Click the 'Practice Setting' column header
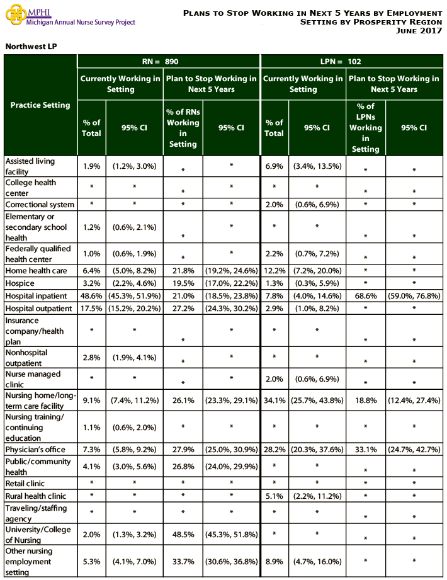coord(40,105)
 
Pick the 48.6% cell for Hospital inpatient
coord(91,296)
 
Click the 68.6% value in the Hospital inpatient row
coord(365,296)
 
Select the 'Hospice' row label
coord(20,283)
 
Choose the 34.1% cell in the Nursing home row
coord(274,400)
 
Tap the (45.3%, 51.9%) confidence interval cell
coord(134,296)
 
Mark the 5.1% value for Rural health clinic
coord(274,496)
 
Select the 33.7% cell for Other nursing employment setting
coord(183,562)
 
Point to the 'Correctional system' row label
coord(40,205)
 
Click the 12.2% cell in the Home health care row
coord(274,271)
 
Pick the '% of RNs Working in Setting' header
coord(183,128)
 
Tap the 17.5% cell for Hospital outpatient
coord(91,309)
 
